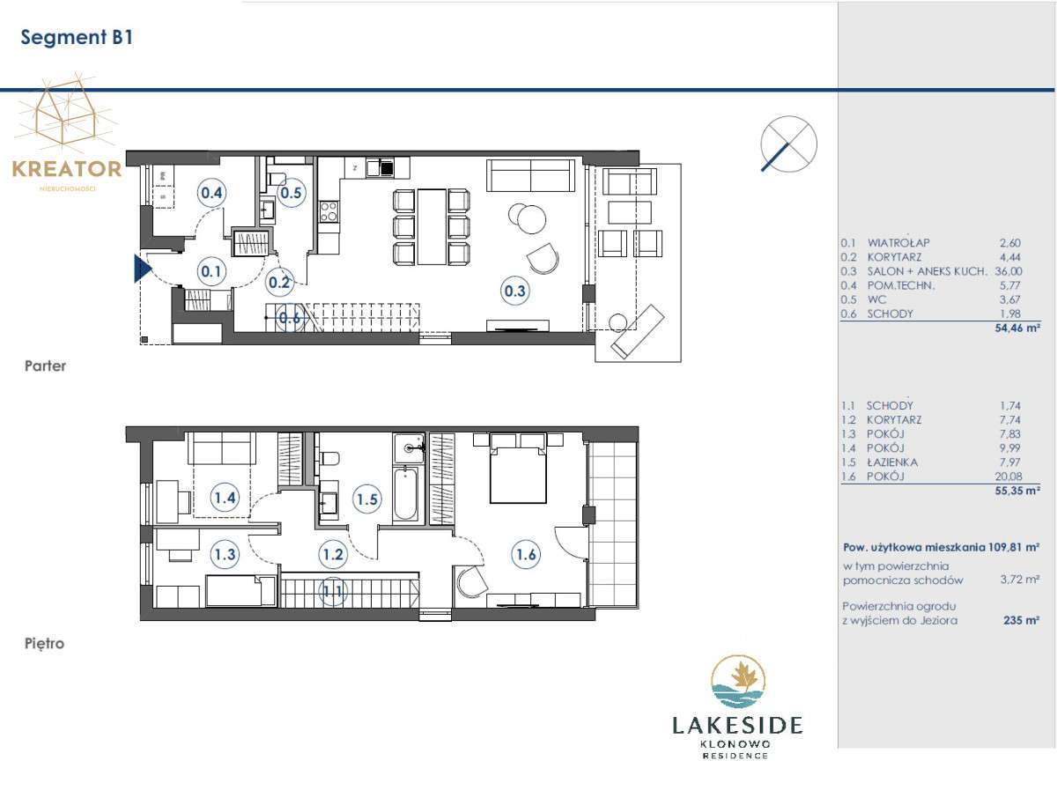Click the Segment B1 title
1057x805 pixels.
77,38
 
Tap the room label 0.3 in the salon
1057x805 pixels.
514,291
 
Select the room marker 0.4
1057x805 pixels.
211,193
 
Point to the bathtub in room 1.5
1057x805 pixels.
404,494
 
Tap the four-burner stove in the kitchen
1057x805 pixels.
329,210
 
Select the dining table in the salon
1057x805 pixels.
432,226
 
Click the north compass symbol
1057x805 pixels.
788,144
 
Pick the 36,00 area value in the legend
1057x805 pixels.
1009,271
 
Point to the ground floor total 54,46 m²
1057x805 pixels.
1017,329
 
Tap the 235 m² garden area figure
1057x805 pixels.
1021,620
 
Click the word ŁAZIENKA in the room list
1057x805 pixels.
891,462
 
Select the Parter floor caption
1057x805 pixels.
45,366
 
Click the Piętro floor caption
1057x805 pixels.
44,644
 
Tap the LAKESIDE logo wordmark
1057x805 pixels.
737,725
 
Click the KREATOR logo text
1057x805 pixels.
67,169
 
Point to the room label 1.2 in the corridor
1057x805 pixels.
333,554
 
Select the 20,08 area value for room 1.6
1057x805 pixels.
1009,476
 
